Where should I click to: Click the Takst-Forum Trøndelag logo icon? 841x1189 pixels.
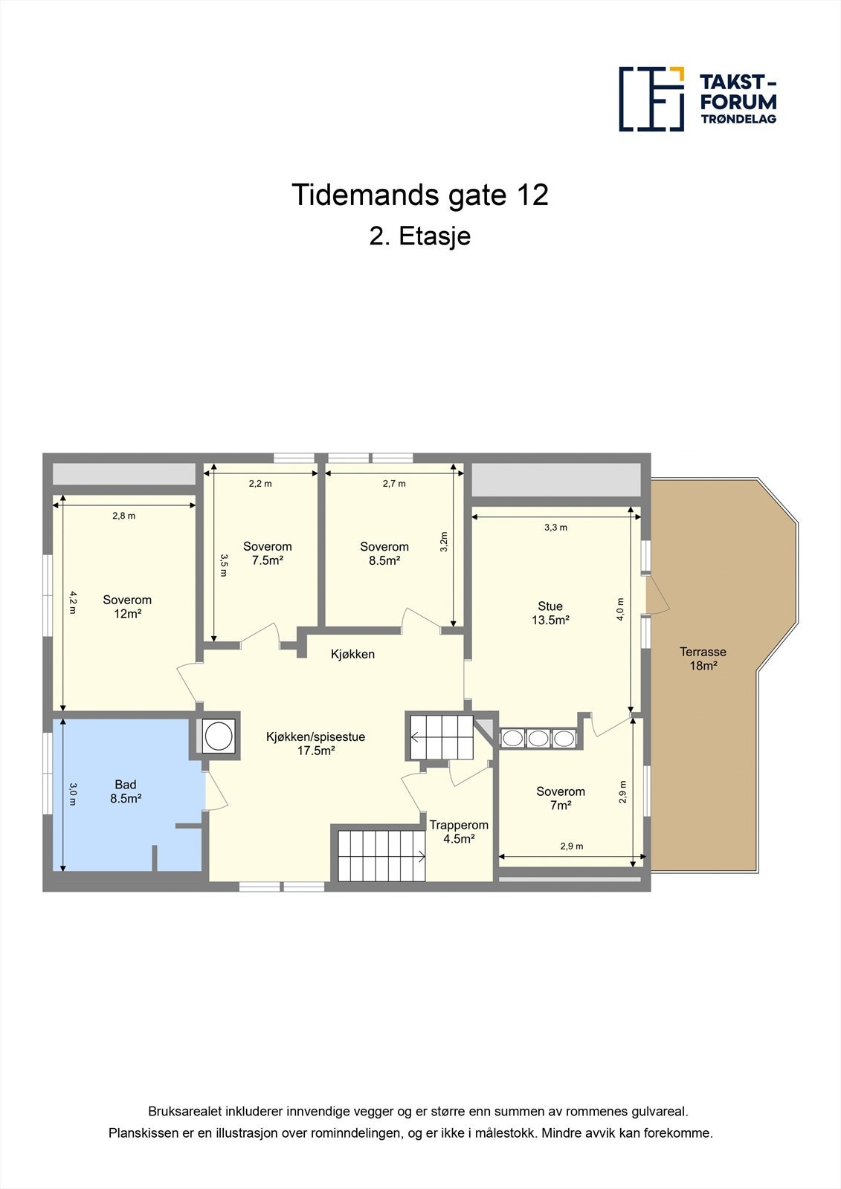pos(651,99)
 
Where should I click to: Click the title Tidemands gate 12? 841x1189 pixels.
pos(420,195)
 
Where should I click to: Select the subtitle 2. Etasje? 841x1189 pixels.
pos(420,236)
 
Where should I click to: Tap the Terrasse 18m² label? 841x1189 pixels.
pos(703,659)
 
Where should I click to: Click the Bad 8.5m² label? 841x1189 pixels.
pos(126,791)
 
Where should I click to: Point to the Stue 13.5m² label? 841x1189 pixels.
pos(550,613)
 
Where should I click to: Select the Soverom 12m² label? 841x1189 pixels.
pos(127,606)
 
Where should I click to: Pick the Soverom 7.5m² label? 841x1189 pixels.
pos(267,554)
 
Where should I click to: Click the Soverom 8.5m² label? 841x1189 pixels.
pos(384,554)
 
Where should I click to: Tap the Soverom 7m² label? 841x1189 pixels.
pos(561,798)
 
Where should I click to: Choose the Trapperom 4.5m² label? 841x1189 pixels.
pos(459,832)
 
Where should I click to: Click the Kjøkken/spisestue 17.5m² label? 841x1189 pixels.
pos(316,744)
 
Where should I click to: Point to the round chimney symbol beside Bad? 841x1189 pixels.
pos(219,736)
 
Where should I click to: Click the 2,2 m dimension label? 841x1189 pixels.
pos(260,484)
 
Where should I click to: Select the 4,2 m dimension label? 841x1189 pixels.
pos(72,602)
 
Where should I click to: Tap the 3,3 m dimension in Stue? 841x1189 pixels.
pos(555,528)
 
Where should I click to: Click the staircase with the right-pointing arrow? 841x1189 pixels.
pos(381,855)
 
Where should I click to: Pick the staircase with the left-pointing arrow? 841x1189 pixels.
pos(442,737)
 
